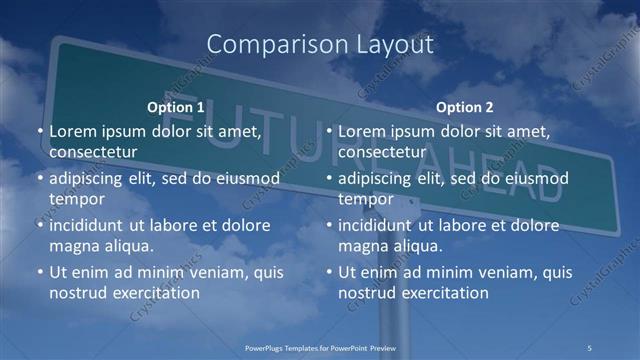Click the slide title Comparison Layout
point(320,44)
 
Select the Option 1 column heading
point(175,107)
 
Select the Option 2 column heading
point(464,107)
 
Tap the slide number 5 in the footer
point(589,347)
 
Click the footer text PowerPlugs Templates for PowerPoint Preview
point(320,347)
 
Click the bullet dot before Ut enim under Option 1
point(40,272)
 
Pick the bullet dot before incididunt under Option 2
point(329,225)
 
